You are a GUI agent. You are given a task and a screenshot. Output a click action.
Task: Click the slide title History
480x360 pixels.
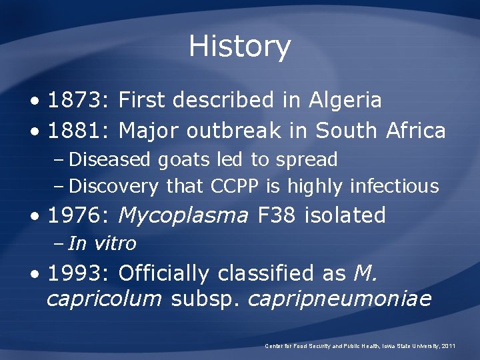pyautogui.click(x=239, y=47)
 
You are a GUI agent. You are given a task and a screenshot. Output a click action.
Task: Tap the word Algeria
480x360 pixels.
pyautogui.click(x=345, y=101)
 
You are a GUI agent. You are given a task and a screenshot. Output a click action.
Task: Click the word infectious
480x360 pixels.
pyautogui.click(x=395, y=186)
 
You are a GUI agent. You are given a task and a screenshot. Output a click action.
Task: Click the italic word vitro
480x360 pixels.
pyautogui.click(x=115, y=243)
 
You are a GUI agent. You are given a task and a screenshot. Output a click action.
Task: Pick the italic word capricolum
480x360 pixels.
pyautogui.click(x=104, y=299)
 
